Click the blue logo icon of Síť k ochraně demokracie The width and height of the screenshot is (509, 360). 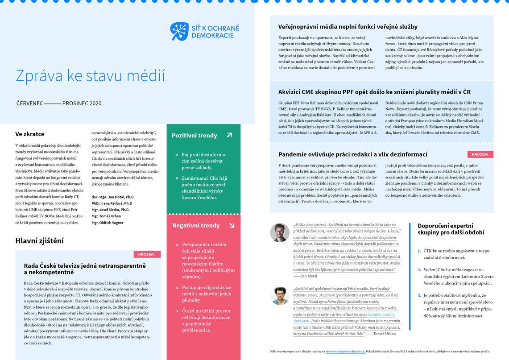(x=179, y=31)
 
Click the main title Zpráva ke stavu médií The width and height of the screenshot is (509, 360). (x=90, y=76)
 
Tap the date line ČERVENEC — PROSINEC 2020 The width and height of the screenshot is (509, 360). (x=58, y=103)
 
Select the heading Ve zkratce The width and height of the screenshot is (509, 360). (x=30, y=134)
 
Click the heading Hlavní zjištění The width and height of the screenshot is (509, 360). (x=39, y=241)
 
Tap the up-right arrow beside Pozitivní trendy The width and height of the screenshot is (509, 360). (x=229, y=135)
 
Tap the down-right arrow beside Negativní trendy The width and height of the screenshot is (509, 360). (x=232, y=225)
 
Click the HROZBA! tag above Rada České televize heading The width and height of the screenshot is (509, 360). (x=147, y=254)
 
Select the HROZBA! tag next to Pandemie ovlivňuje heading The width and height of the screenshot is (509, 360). (x=480, y=154)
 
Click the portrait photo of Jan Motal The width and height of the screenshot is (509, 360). (x=280, y=232)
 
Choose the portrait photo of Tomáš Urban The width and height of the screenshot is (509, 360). (x=280, y=295)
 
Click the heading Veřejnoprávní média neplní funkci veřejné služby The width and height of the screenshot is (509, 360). (x=348, y=27)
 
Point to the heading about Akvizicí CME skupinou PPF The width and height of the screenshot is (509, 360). (x=374, y=92)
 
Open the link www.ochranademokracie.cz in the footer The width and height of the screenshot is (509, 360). (x=345, y=352)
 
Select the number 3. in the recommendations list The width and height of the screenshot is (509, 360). (x=419, y=295)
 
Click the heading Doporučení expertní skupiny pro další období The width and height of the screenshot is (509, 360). (x=451, y=229)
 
